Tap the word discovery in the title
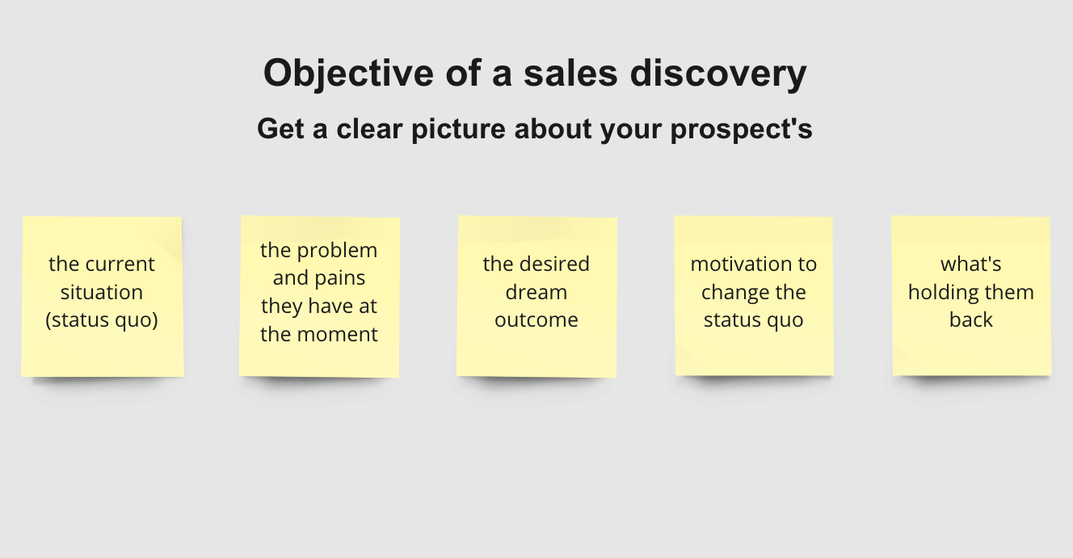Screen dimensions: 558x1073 click(x=718, y=74)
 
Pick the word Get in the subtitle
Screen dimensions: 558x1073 click(x=280, y=129)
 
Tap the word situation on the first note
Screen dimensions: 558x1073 click(x=102, y=292)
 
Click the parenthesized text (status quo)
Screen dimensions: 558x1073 click(x=102, y=320)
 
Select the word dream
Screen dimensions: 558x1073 click(x=536, y=292)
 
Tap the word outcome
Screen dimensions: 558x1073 click(x=536, y=320)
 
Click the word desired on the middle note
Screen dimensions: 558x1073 click(x=554, y=264)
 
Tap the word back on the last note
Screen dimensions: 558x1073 click(x=970, y=320)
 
